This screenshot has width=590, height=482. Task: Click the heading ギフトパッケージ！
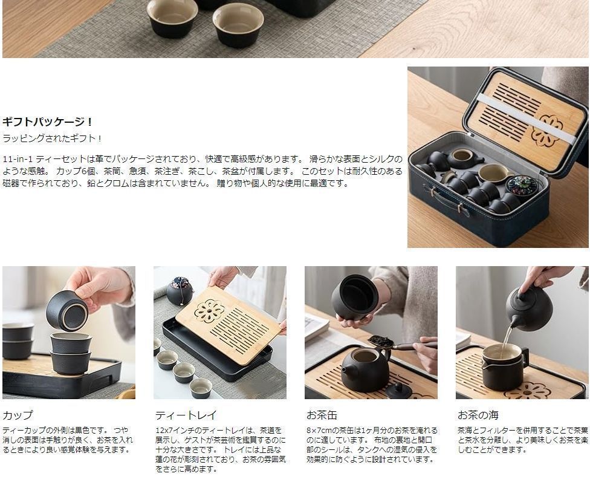[x=47, y=122]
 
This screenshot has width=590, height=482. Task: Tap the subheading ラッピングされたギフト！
[x=53, y=138]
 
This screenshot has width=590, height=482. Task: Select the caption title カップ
[x=18, y=415]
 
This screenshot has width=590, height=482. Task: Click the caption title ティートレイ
[x=186, y=415]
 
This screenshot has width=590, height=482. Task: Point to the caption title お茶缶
[x=322, y=415]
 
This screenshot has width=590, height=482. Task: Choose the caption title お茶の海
[x=478, y=415]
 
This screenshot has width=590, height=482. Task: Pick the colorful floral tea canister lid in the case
[x=521, y=184]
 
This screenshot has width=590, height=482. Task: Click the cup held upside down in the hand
[x=67, y=311]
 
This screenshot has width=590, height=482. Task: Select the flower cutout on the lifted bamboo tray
[x=210, y=311]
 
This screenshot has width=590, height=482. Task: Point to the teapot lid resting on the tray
[x=393, y=390]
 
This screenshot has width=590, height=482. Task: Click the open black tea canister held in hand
[x=355, y=298]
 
